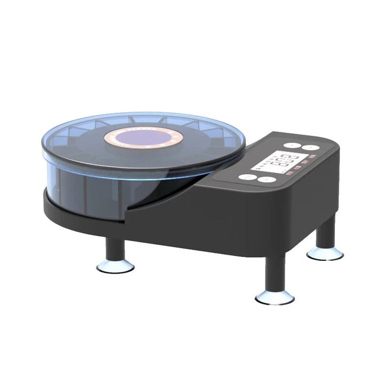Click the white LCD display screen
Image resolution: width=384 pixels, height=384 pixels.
tap(283, 161)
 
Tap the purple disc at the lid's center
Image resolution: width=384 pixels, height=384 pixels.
tap(143, 138)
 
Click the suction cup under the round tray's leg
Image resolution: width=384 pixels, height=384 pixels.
tap(115, 267)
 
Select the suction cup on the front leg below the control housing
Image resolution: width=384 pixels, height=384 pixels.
tap(275, 297)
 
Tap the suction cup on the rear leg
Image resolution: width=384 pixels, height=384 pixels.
tap(325, 253)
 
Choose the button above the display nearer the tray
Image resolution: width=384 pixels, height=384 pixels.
tap(291, 145)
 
